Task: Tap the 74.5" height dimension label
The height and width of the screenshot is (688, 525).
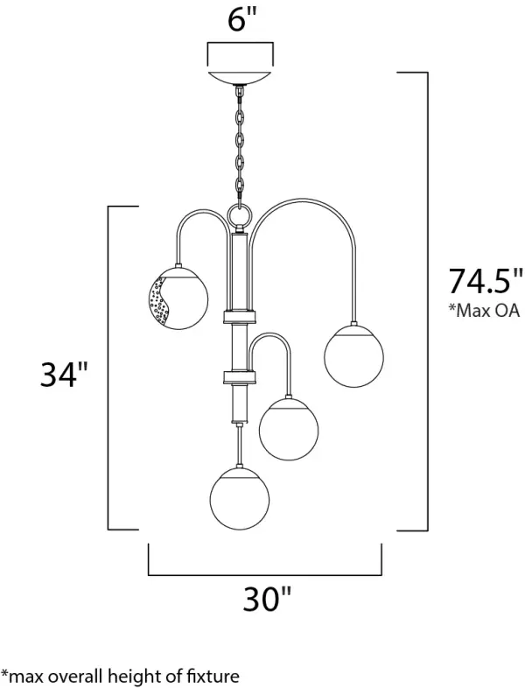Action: (x=486, y=281)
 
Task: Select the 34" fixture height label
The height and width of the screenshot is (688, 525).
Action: (x=64, y=375)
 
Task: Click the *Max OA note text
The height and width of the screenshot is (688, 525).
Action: (x=483, y=311)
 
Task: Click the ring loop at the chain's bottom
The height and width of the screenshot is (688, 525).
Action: (x=240, y=215)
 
